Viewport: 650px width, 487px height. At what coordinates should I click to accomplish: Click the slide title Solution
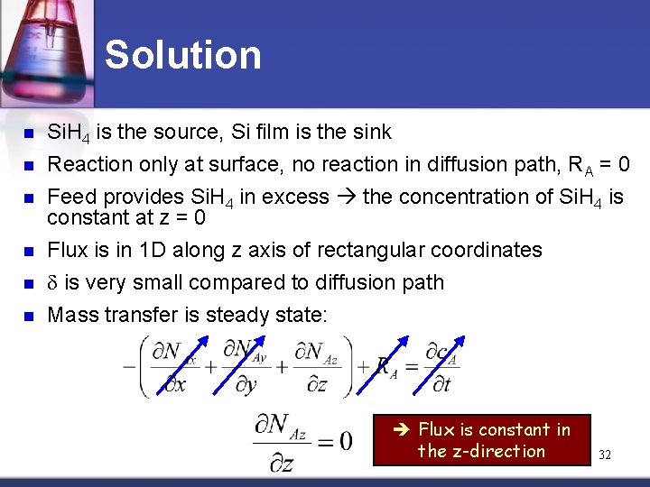click(183, 55)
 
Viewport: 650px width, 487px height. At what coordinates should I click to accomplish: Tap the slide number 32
click(605, 455)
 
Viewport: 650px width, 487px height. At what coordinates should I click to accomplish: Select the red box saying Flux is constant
click(482, 440)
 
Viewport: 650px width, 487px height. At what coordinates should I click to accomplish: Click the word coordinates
click(488, 250)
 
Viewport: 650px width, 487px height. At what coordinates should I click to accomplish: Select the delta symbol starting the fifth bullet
click(52, 283)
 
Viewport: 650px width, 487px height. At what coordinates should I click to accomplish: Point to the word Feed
click(71, 197)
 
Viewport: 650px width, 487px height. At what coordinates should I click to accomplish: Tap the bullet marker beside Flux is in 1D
click(27, 251)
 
